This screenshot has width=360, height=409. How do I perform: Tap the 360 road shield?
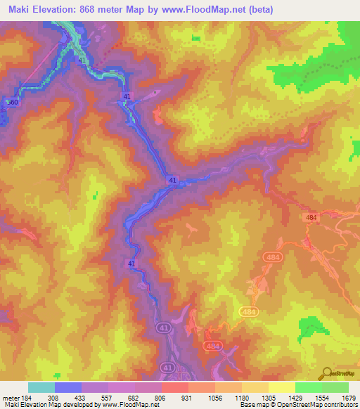tap(11, 103)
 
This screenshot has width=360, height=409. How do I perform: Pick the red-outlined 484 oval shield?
tap(274, 259)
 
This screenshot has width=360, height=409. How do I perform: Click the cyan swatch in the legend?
tap(41, 387)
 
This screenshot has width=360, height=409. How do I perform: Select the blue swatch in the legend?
tap(68, 387)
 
